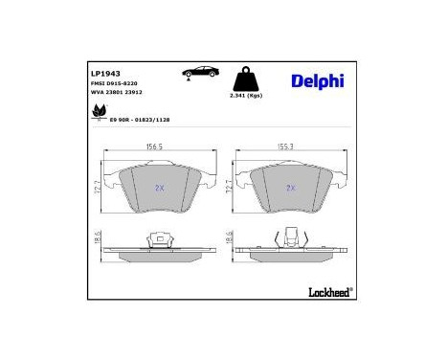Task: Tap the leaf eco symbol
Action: pyautogui.click(x=98, y=114)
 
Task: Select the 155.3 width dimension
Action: pyautogui.click(x=285, y=148)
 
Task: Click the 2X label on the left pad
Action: pyautogui.click(x=160, y=188)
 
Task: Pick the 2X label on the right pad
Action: pyautogui.click(x=291, y=188)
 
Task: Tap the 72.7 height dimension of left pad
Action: pyautogui.click(x=96, y=189)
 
